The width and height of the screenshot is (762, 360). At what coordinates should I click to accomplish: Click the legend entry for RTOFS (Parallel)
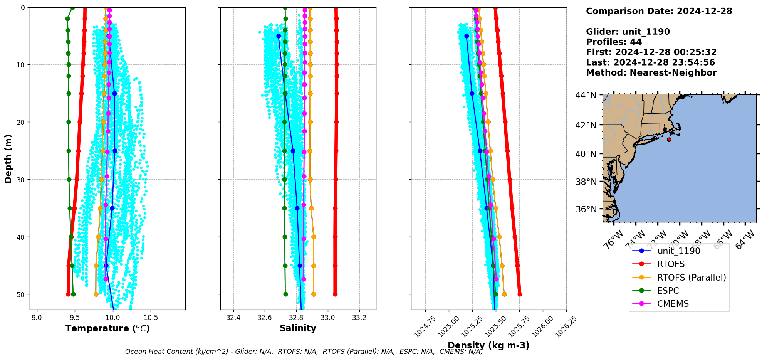coord(691,278)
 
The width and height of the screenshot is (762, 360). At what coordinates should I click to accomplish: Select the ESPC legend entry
coord(668,291)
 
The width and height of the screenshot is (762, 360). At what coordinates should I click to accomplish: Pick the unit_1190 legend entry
coord(678,251)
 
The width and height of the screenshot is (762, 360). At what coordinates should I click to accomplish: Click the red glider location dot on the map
coord(669,140)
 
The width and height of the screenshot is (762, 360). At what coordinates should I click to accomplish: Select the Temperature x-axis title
coord(107,328)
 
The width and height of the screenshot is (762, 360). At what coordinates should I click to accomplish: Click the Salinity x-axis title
coord(298,328)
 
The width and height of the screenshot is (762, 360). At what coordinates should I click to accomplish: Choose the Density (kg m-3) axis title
coord(488,345)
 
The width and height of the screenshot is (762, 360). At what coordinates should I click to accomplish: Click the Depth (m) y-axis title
coord(8,158)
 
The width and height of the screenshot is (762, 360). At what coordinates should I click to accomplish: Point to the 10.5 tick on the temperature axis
coord(150,318)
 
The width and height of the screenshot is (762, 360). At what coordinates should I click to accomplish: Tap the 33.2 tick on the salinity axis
coord(359,318)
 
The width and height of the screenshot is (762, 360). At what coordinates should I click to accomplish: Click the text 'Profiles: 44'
coord(614,42)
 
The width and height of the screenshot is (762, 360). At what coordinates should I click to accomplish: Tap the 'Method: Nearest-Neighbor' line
coord(651,73)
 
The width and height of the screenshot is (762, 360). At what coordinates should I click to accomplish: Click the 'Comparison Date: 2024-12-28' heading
coord(659,11)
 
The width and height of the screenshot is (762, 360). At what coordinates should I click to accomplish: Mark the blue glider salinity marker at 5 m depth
coord(279,36)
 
